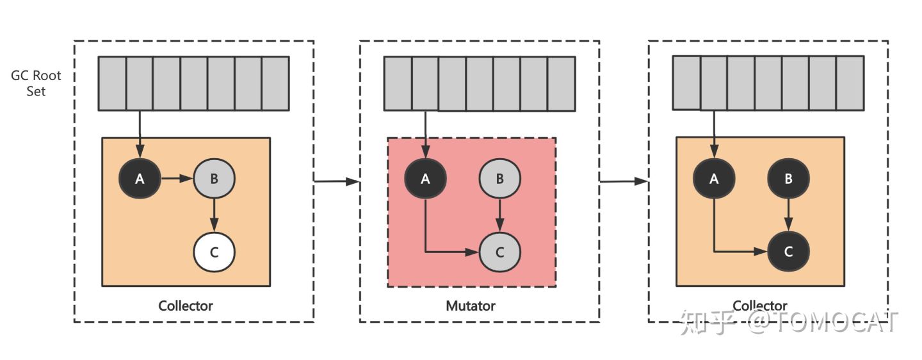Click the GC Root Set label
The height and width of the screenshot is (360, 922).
[36, 83]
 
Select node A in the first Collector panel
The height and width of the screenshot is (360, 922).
[140, 179]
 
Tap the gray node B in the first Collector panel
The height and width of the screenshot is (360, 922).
[214, 179]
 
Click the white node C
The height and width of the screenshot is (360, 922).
[214, 252]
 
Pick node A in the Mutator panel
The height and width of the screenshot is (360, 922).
[425, 179]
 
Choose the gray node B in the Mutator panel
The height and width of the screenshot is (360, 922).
[500, 179]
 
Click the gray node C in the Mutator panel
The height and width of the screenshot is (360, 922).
[500, 252]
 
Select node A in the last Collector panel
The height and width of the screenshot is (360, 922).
[715, 179]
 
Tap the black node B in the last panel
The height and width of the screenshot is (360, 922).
[789, 179]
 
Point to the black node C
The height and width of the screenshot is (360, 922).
[789, 252]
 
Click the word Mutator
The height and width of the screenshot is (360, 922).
[471, 306]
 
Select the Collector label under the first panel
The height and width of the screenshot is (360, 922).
[186, 306]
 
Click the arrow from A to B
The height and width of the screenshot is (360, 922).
[177, 179]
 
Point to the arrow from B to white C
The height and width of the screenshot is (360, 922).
[214, 215]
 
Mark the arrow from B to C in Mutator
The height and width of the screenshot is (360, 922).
[500, 215]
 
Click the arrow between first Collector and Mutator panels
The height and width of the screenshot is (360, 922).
[336, 182]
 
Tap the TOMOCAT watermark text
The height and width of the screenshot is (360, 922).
[839, 323]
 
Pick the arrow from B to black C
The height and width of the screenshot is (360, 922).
[789, 215]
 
